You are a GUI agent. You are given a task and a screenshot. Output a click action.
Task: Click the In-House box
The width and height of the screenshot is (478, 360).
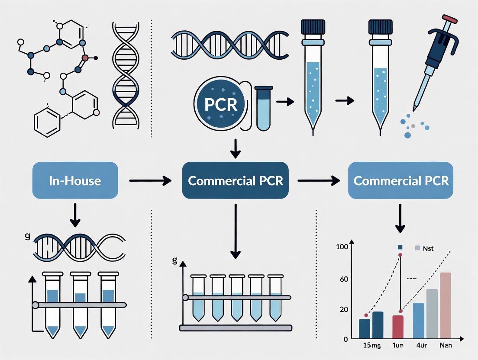tap(75, 180)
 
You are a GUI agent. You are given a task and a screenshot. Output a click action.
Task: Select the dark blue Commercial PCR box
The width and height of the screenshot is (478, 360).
tap(235, 180)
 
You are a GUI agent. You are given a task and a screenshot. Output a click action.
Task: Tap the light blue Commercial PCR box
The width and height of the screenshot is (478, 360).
tap(401, 180)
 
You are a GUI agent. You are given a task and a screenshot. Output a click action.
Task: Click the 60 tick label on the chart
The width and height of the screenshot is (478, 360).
tap(344, 279)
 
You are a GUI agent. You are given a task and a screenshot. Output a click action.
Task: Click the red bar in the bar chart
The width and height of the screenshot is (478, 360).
tap(397, 327)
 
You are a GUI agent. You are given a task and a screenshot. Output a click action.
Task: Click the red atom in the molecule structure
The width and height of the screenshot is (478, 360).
tap(85, 57)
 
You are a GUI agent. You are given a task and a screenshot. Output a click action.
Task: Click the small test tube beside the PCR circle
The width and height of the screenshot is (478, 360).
tap(263, 108)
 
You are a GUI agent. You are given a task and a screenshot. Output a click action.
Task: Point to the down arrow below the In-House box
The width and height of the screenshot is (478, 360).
tap(75, 215)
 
